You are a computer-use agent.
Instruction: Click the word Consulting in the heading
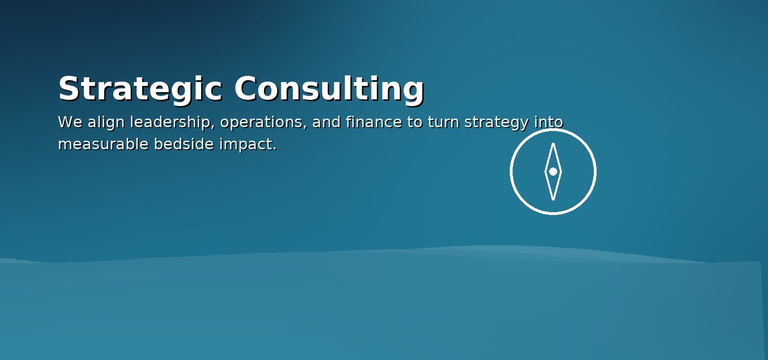tap(329, 88)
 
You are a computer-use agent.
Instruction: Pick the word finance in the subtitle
tap(374, 122)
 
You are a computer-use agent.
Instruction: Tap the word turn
tap(443, 122)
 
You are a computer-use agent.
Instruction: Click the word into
tap(549, 122)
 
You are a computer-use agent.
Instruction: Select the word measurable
tap(103, 144)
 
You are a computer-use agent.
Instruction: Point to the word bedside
tap(184, 144)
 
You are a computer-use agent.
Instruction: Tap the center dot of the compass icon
tap(553, 172)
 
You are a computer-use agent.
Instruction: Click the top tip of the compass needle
tap(553, 144)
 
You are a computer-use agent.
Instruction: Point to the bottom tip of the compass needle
tap(553, 199)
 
